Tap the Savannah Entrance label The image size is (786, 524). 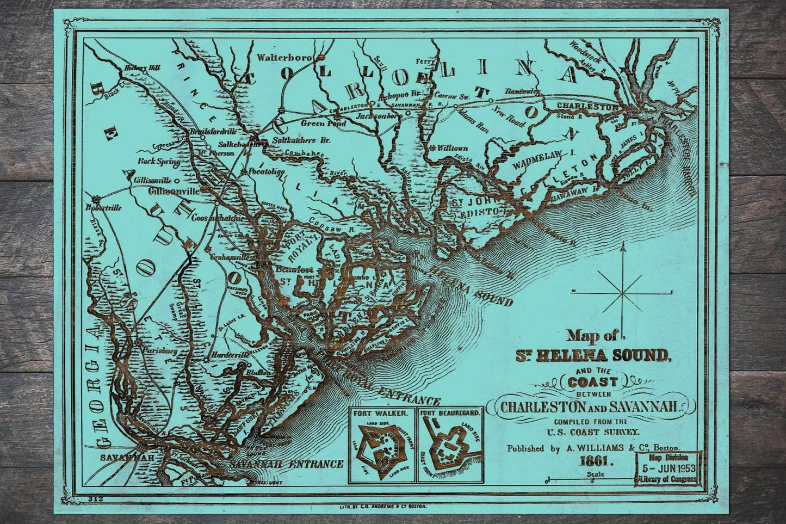[x=286, y=465]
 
